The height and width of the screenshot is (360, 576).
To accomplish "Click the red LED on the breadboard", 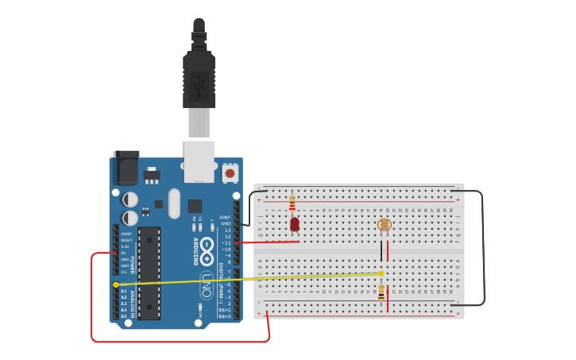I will pos(295,225).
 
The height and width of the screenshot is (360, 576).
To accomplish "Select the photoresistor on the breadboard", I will pos(384,225).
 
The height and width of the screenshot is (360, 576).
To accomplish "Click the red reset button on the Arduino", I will pos(230,172).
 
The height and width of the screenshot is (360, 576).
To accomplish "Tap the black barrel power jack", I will pos(126,168).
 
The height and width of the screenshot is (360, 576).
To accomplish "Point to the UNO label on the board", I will pos(207,284).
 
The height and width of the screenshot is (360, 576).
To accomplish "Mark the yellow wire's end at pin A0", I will pos(116,284).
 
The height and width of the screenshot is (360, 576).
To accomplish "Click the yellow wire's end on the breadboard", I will pos(381,273).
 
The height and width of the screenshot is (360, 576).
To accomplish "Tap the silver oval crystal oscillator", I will pos(174,203).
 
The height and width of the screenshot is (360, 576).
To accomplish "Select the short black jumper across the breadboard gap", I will pos(381,251).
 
